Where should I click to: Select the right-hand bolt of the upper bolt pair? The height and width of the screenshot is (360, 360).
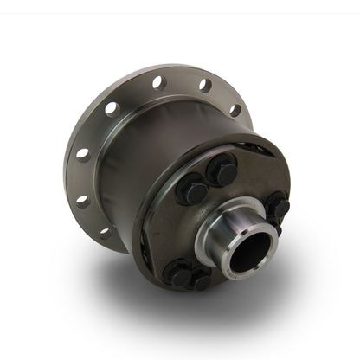(222, 171)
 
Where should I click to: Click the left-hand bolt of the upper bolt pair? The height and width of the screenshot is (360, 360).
(193, 188)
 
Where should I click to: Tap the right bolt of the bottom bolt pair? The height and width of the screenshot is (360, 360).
(201, 280)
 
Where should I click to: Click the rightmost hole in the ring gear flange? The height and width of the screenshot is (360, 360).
(235, 110)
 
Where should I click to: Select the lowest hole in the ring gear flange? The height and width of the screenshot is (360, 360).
(105, 231)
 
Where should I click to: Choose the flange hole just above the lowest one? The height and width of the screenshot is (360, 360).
(83, 201)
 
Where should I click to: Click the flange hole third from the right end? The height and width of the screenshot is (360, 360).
(159, 82)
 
